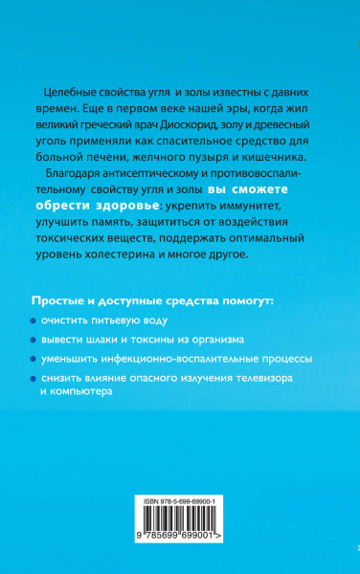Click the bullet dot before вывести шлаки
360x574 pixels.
point(47,341)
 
